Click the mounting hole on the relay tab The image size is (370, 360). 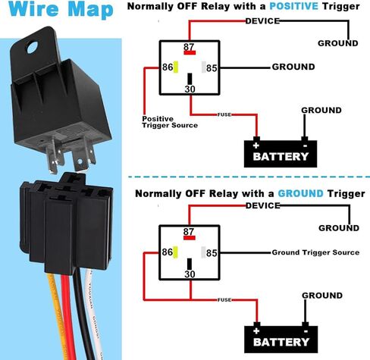(x=33, y=47)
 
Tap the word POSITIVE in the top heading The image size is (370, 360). (x=293, y=6)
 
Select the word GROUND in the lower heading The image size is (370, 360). (x=300, y=194)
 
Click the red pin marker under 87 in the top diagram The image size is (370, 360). (x=190, y=52)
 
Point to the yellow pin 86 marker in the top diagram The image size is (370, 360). (x=176, y=67)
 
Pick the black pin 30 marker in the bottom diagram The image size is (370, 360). (x=190, y=264)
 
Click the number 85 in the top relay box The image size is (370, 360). (x=212, y=68)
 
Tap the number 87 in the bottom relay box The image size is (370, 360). (x=189, y=232)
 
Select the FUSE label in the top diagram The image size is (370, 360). (x=224, y=114)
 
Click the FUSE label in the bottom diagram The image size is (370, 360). (x=224, y=300)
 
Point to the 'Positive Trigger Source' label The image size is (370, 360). (x=170, y=122)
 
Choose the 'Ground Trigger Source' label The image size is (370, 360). (x=315, y=252)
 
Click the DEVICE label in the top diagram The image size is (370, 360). (x=262, y=21)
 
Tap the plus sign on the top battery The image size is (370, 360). (x=256, y=146)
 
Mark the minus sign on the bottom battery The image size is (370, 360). (x=306, y=331)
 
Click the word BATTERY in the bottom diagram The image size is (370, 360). (x=281, y=342)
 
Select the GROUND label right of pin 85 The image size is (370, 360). (x=293, y=67)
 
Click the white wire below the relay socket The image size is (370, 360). (x=93, y=313)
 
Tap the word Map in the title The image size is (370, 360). (x=90, y=10)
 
